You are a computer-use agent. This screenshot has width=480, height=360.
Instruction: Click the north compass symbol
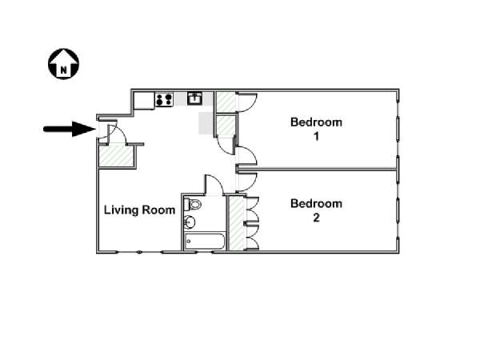click(x=63, y=64)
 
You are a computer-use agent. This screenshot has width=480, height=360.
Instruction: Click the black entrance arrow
click(x=70, y=129)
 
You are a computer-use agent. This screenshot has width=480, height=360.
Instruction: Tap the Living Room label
click(x=139, y=210)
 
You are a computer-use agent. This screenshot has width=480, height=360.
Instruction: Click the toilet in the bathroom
click(x=192, y=204)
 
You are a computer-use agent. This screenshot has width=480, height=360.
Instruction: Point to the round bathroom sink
click(x=190, y=222)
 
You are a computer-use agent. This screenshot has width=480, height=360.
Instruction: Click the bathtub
click(x=205, y=242)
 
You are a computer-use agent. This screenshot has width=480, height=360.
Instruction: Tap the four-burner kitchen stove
click(x=164, y=100)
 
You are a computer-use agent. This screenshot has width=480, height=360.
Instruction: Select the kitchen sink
click(x=194, y=98)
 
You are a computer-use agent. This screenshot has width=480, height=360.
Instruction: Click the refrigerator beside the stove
click(x=144, y=101)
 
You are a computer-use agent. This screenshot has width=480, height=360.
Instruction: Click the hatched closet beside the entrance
click(x=117, y=156)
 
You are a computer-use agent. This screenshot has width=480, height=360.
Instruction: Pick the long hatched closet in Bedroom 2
click(x=238, y=223)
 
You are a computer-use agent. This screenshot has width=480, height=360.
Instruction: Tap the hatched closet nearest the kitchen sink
click(x=226, y=102)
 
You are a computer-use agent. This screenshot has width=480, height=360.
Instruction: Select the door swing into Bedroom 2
click(x=247, y=182)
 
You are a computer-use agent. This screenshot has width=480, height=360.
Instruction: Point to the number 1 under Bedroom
click(x=316, y=136)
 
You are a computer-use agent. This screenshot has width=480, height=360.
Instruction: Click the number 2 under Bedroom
click(x=316, y=218)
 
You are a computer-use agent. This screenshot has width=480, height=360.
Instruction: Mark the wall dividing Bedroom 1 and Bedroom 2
click(x=317, y=169)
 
